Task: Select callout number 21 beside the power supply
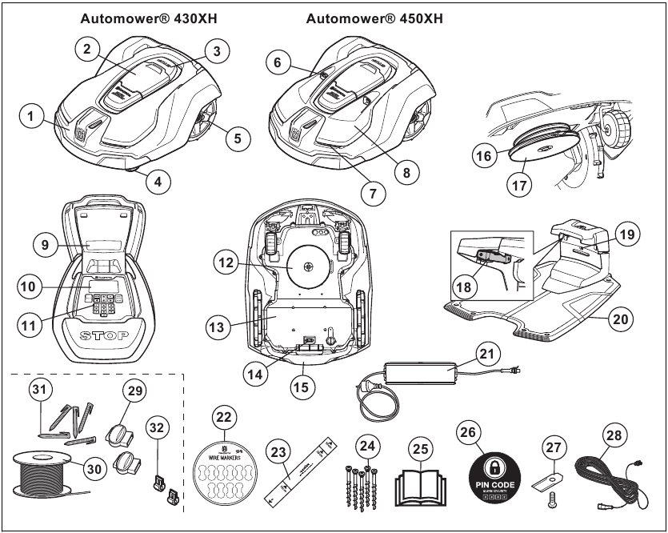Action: click(488, 351)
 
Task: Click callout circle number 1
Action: click(32, 117)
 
